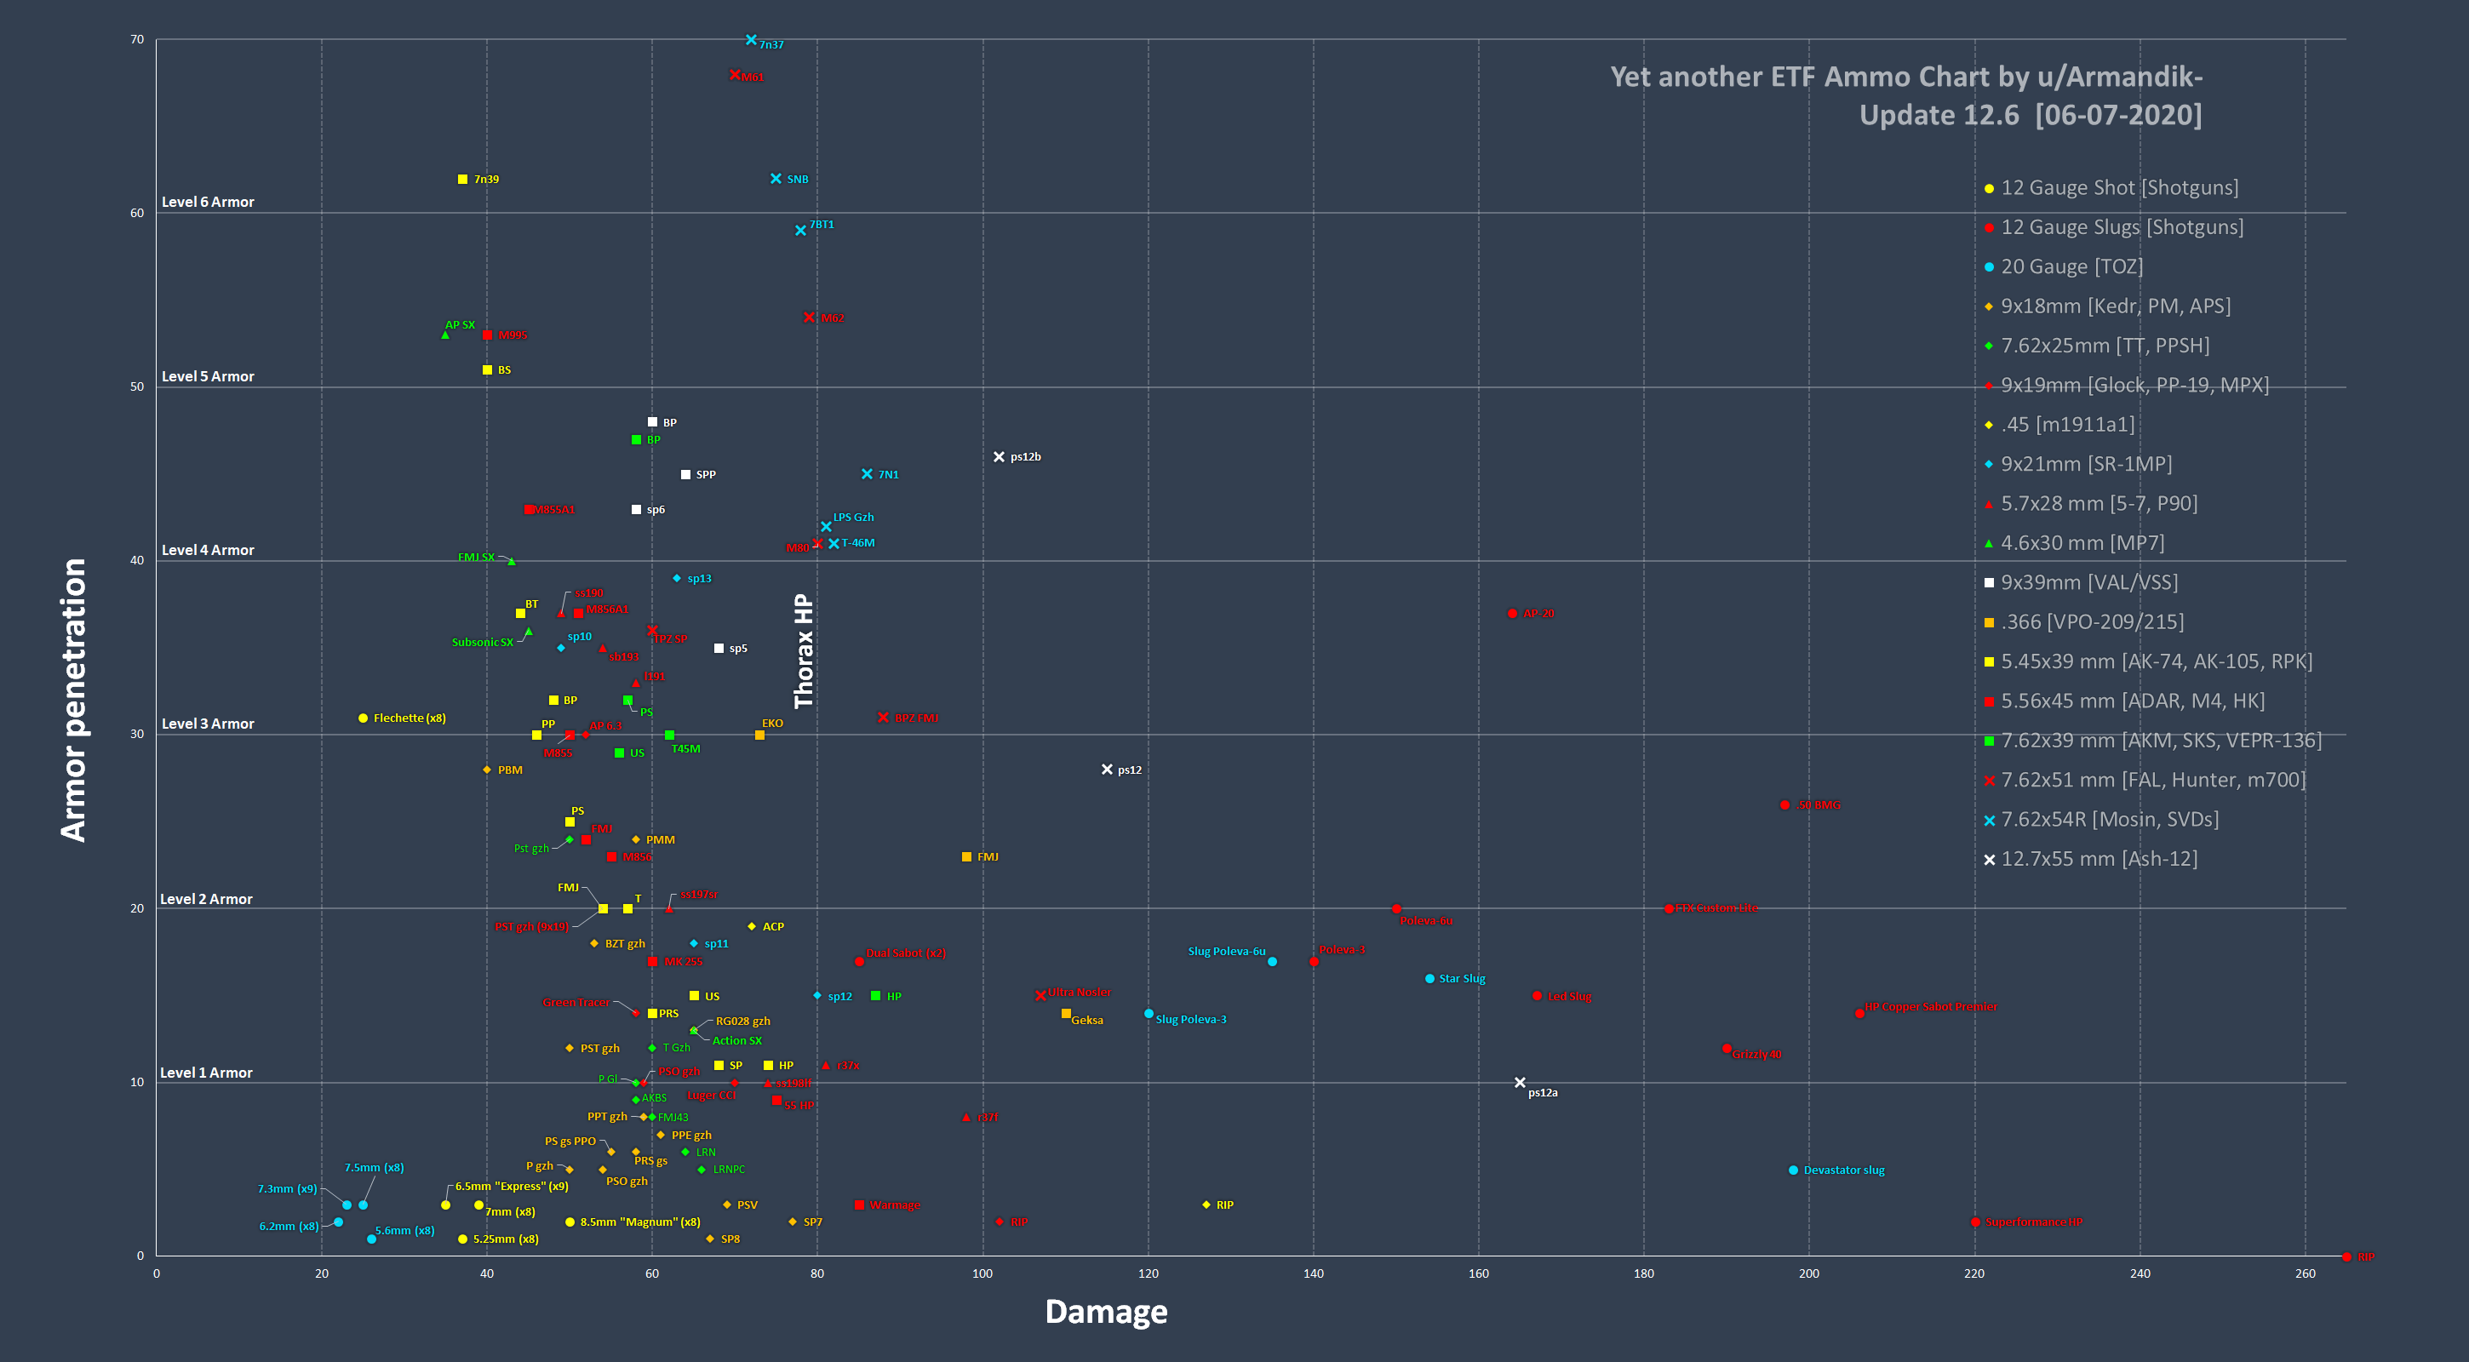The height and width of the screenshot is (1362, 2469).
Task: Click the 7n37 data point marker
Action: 752,40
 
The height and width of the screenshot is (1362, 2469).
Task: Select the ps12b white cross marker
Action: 999,457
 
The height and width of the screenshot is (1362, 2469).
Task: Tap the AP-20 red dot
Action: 1512,614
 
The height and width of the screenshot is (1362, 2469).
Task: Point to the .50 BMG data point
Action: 1784,805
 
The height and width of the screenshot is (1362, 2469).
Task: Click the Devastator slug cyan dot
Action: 1793,1170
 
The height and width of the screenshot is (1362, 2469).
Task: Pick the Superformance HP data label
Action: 2033,1222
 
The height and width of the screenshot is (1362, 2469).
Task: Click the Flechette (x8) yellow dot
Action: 364,718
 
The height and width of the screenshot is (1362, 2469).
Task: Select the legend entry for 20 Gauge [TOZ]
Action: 2071,266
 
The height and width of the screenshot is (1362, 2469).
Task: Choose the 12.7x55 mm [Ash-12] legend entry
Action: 2098,859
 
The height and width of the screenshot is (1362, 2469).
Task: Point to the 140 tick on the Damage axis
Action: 1313,1273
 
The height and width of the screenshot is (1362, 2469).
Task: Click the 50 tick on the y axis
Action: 137,387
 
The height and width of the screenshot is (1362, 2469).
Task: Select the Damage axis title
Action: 1106,1311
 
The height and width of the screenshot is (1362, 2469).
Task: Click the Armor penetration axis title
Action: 74,700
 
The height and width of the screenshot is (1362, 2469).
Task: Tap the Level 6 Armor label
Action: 208,203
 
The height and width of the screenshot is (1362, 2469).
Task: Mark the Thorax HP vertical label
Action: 803,651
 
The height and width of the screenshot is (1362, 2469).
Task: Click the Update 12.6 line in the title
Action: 2030,115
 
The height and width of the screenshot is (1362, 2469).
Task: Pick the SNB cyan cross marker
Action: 776,180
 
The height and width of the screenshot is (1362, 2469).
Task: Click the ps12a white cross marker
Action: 1520,1083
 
